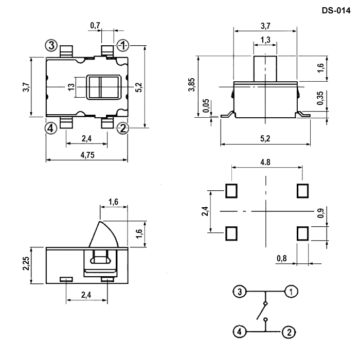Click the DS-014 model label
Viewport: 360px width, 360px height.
336,11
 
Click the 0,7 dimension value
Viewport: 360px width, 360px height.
95,26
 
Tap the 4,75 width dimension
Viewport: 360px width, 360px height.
87,155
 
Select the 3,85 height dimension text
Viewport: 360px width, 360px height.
191,84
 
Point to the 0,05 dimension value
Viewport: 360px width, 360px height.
206,105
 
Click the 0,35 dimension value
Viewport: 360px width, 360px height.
320,98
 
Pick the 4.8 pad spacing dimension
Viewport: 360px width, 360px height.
265,163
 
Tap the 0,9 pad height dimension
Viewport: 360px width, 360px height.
321,213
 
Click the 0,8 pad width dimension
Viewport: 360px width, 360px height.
282,259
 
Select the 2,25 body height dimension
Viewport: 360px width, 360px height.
26,263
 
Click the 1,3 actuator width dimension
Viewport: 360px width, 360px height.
265,40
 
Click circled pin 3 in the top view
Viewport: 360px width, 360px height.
51,45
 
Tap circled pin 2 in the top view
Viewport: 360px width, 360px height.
123,129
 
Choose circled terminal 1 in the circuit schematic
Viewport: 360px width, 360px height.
291,292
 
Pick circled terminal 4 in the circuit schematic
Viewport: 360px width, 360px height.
240,332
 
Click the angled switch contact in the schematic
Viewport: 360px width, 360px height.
261,311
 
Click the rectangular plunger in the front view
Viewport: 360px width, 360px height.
265,68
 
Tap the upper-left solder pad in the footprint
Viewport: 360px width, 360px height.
231,191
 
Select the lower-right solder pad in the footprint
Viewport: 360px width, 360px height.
302,233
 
